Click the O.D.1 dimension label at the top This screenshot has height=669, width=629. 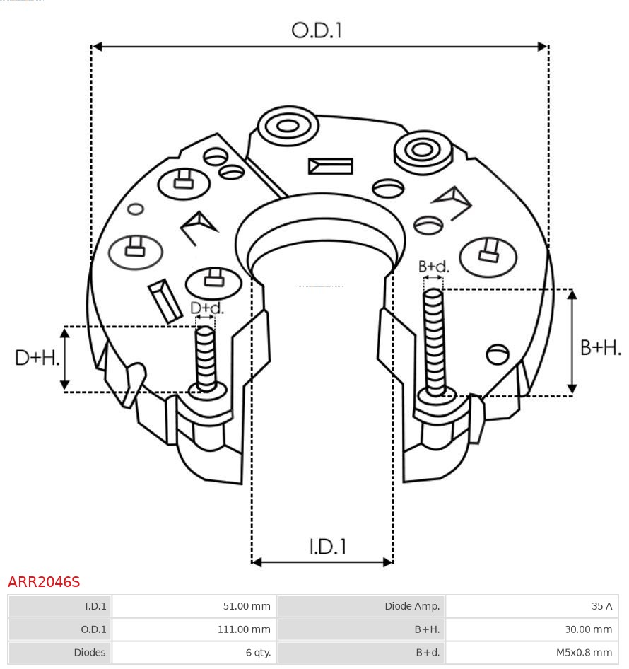tap(317, 30)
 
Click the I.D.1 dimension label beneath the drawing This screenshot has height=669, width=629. tap(328, 547)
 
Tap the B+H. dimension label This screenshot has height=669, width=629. tap(601, 347)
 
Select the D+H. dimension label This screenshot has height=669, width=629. tap(37, 358)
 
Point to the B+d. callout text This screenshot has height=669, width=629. tap(433, 267)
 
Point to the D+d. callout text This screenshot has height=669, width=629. tap(207, 308)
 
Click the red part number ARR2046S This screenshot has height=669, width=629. tap(44, 582)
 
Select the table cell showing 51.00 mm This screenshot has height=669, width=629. tap(194, 606)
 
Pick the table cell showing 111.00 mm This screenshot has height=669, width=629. tap(194, 629)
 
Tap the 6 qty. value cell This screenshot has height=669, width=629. tap(194, 653)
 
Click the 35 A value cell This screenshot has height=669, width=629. tap(531, 606)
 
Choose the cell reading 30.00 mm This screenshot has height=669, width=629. tap(531, 629)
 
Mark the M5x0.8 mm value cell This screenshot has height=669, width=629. tap(531, 653)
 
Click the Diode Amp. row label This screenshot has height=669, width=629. tap(361, 606)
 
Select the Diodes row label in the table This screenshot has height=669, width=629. tap(60, 653)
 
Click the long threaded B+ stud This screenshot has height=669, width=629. tap(435, 339)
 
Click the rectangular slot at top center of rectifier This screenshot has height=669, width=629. tap(330, 166)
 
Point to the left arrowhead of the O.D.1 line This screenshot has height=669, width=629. tap(98, 47)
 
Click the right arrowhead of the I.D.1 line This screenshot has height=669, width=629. tap(388, 562)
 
